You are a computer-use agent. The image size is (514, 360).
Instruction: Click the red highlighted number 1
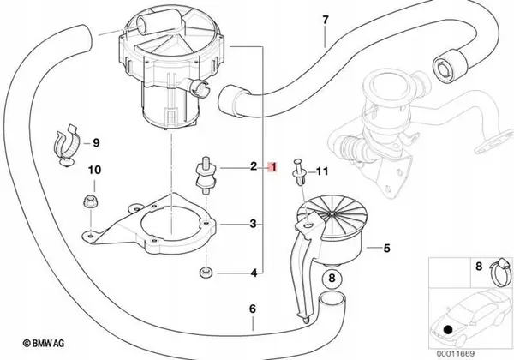point(272,167)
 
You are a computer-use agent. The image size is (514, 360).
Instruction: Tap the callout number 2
point(254,166)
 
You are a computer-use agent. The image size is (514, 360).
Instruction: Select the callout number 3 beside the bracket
point(253,225)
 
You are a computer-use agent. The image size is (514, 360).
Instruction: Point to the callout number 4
point(254,273)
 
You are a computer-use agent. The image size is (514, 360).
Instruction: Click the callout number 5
point(387,249)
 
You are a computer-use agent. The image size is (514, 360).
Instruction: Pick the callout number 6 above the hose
point(252,309)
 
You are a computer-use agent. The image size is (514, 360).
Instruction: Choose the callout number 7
point(325,20)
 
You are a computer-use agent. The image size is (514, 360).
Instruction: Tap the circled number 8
point(332,279)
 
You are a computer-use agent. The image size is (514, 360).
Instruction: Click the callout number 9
point(96,143)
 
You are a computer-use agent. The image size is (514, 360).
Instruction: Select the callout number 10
point(94,171)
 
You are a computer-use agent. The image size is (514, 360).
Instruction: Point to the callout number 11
point(321,171)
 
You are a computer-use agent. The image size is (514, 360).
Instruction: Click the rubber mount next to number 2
point(205,176)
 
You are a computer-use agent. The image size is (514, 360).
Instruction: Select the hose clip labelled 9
point(68,145)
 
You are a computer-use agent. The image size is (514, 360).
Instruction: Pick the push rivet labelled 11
point(299,172)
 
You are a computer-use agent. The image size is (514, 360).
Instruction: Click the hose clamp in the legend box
point(500,271)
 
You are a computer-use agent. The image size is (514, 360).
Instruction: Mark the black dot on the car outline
point(448,329)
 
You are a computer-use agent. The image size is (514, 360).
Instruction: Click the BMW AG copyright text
point(44,343)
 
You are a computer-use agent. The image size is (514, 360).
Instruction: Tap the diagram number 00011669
point(455,354)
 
